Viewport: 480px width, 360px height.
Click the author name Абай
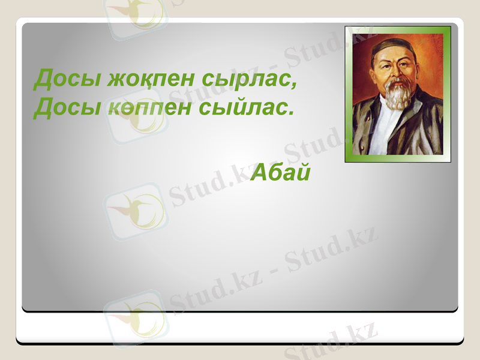pyautogui.click(x=280, y=173)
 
